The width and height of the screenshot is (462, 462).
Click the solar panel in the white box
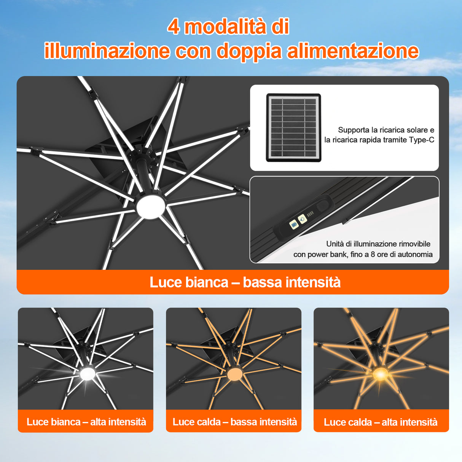(293, 127)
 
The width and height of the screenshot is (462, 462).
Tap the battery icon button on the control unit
(293, 225)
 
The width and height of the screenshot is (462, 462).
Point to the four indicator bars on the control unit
(310, 215)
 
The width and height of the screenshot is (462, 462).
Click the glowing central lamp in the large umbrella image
(151, 207)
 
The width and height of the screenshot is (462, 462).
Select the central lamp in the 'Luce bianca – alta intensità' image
(88, 374)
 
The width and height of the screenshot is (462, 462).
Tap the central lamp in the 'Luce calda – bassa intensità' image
(234, 374)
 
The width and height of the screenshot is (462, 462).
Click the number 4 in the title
(174, 27)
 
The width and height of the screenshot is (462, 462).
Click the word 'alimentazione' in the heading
(352, 51)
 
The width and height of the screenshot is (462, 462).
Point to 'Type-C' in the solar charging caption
(421, 140)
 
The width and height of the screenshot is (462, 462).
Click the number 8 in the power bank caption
(373, 254)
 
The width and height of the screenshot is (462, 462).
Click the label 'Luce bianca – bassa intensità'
(245, 282)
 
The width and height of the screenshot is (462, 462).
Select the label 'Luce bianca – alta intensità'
(86, 422)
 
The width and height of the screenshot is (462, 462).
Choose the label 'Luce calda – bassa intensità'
(234, 422)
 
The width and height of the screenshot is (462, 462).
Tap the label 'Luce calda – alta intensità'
(381, 422)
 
